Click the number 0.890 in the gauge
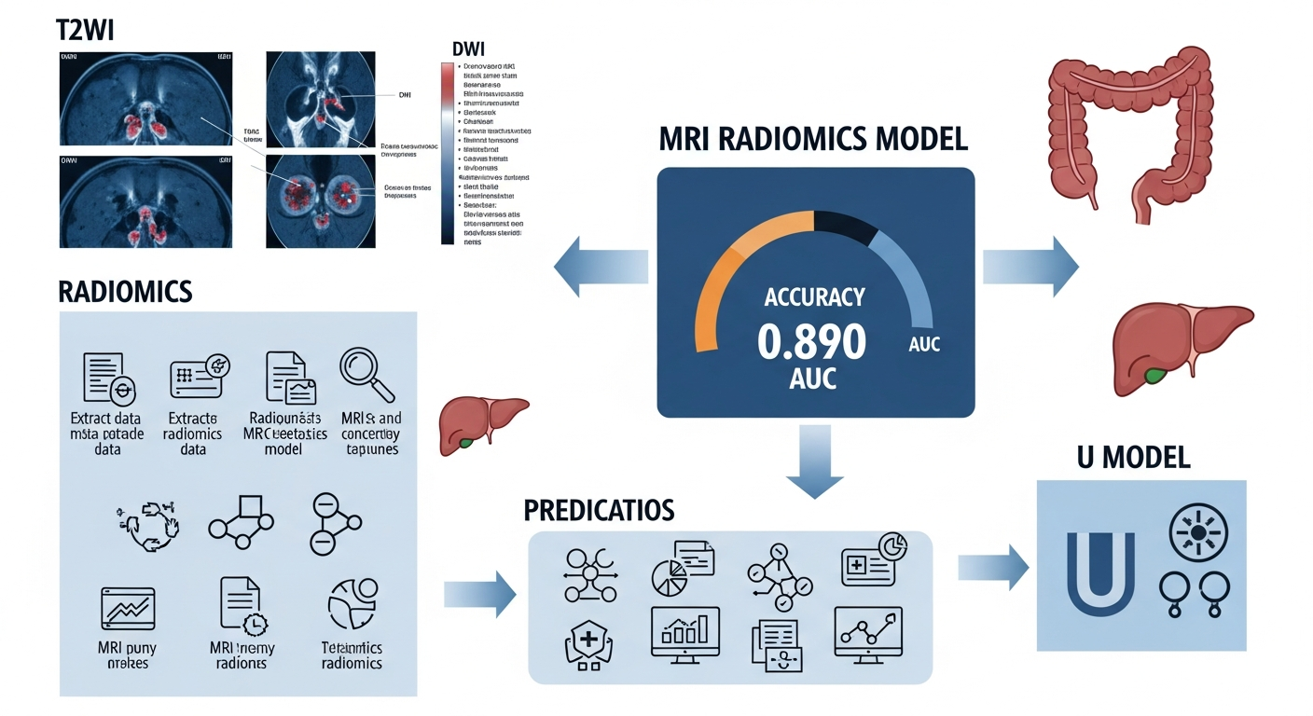coord(811,342)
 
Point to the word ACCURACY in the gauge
coord(814,298)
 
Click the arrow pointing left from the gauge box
coord(601,267)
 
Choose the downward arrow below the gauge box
coord(814,458)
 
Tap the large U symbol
coord(1100,571)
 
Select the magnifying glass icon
coord(366,375)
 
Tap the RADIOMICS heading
coord(125,292)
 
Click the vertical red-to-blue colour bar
coord(448,154)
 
